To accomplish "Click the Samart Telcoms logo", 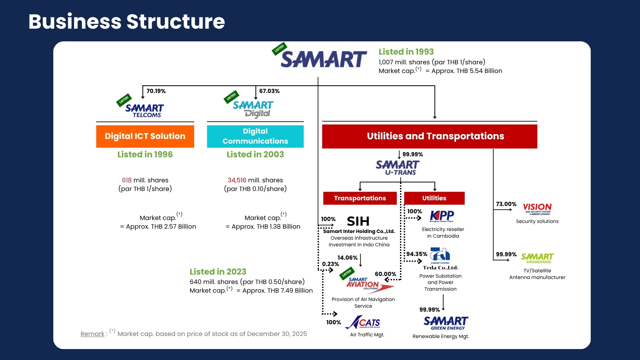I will [144, 111].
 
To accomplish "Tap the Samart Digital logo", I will [253, 109].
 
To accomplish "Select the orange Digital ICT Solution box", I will [145, 136].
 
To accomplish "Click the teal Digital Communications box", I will [255, 136].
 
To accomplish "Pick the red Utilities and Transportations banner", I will [429, 136].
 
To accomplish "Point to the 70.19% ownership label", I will [156, 91].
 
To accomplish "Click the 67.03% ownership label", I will [269, 91].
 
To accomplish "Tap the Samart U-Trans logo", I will [397, 167].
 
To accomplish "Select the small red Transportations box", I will [360, 198].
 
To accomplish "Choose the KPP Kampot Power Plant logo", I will [442, 216].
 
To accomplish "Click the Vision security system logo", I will [537, 209].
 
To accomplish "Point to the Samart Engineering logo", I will [537, 258].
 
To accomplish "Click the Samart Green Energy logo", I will [446, 323].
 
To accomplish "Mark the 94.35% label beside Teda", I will [417, 254].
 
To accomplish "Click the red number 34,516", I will [237, 180].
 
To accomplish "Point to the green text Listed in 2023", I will [218, 272].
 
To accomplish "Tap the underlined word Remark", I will [92, 334].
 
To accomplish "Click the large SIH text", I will [358, 221].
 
